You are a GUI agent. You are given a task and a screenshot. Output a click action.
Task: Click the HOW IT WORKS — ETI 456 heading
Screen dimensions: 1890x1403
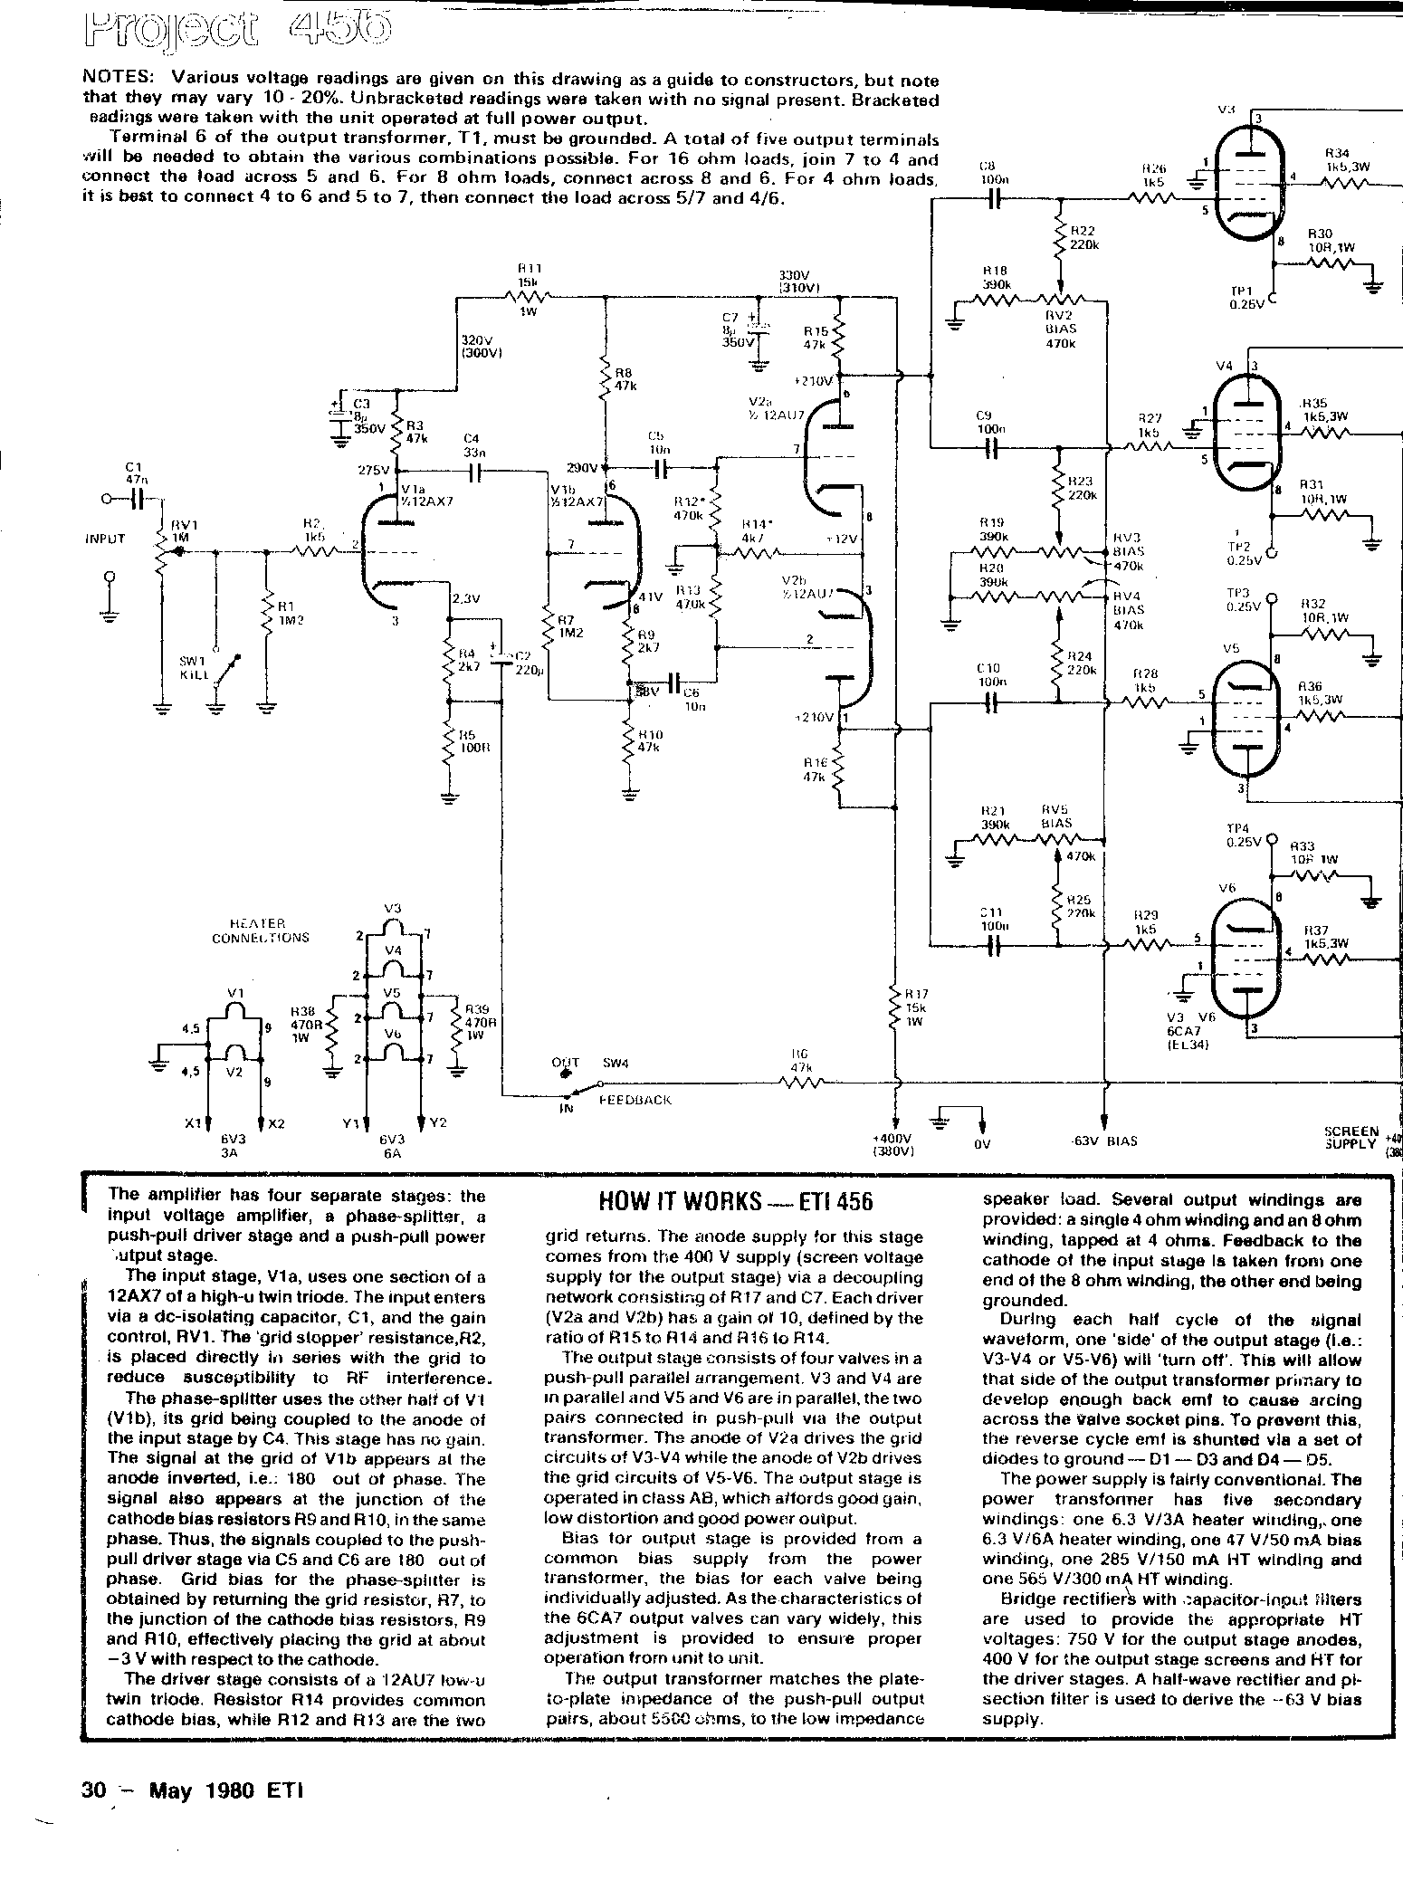click(736, 1202)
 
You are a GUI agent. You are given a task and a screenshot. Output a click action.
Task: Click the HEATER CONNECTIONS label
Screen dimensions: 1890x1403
click(261, 931)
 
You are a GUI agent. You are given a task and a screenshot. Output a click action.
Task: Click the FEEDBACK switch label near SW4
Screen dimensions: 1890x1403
click(635, 1099)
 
